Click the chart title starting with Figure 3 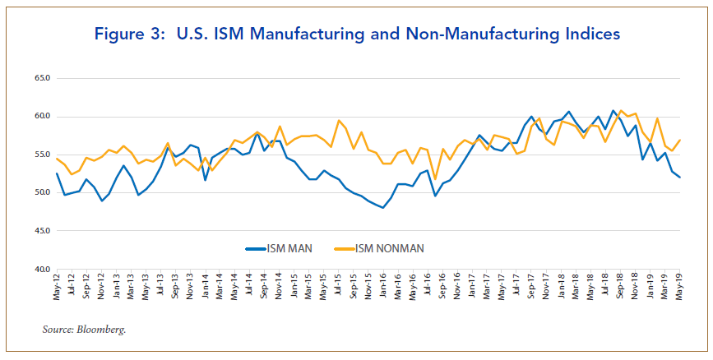[356, 34]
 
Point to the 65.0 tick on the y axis [40, 79]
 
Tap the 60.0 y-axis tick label [40, 117]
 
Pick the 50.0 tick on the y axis [40, 193]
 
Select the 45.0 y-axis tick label [40, 231]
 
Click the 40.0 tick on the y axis [40, 269]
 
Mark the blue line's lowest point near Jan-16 [383, 208]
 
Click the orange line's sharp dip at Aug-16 [435, 178]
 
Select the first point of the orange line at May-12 [57, 158]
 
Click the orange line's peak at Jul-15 [339, 121]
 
